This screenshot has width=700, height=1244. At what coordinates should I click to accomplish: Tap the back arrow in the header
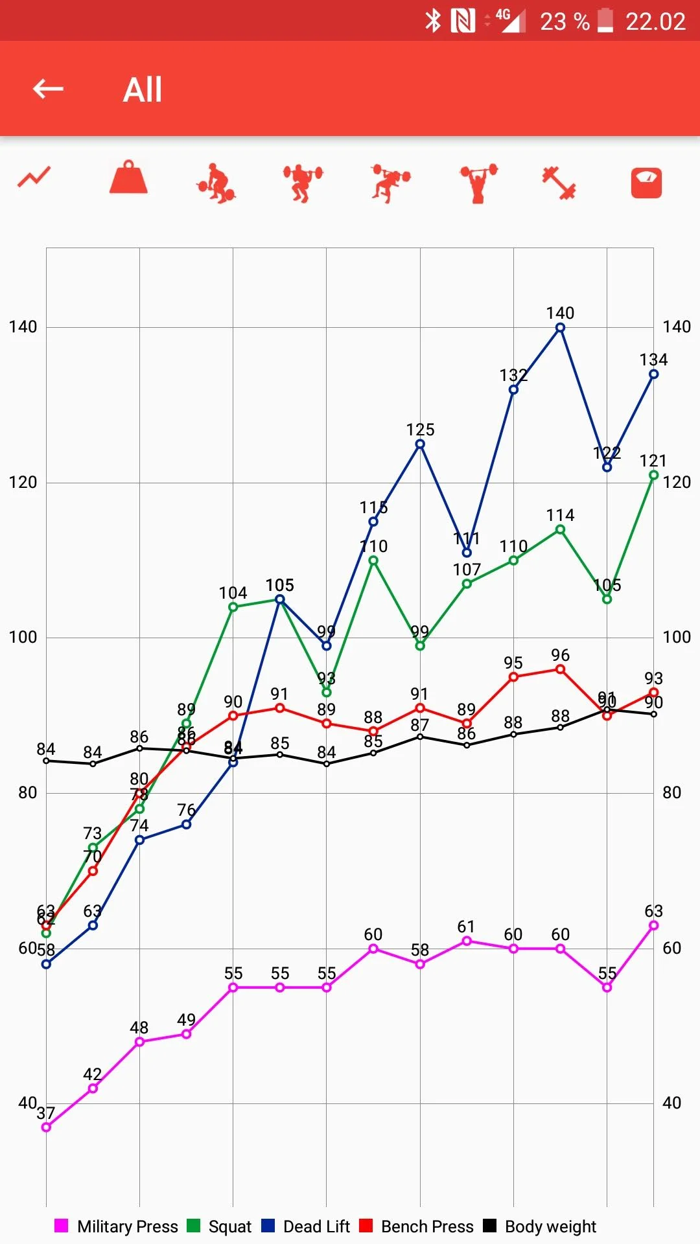point(49,89)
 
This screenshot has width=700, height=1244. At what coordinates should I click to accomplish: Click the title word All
point(143,89)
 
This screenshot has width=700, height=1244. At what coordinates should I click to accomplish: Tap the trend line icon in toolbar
point(34,177)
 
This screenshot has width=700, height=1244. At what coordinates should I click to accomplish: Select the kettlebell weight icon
point(128,178)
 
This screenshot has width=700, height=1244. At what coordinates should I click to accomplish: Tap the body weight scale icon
point(646,183)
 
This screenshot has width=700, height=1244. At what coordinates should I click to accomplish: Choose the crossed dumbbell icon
point(559,183)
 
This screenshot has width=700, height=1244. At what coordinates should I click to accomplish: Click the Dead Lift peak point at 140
point(560,328)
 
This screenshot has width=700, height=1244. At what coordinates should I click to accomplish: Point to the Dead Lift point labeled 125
point(420,444)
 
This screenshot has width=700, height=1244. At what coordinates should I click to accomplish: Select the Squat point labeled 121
point(653,475)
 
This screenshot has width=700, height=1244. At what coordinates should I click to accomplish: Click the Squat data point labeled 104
point(233,607)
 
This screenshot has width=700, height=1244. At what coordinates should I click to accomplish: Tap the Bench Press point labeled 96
point(560,669)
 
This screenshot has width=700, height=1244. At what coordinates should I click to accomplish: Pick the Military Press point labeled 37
point(46,1127)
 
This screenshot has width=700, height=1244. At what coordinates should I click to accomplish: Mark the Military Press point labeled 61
point(467,941)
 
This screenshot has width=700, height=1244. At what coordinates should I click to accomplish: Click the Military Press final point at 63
point(653,925)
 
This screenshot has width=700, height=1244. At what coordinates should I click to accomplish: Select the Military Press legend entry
point(117,1227)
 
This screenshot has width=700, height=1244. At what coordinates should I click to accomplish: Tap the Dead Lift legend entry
point(306,1227)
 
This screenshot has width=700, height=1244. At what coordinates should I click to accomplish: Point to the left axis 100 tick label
point(23,637)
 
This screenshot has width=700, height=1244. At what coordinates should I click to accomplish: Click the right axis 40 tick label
point(671,1103)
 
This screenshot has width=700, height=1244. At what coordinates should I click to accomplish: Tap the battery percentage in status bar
point(565,22)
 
